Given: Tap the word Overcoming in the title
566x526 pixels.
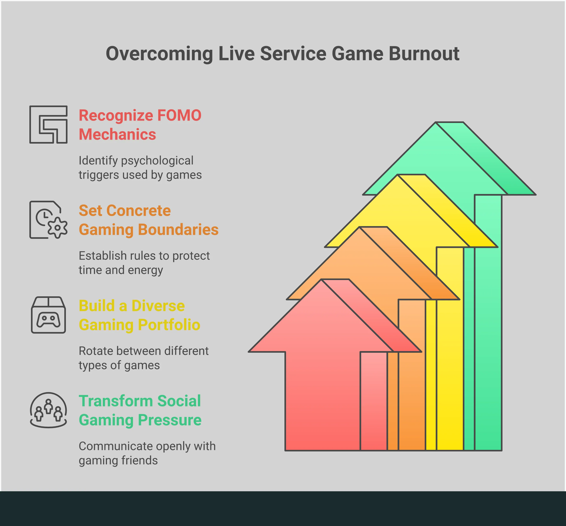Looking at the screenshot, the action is coord(159,54).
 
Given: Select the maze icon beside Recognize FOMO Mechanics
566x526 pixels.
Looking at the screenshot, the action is coord(48,125).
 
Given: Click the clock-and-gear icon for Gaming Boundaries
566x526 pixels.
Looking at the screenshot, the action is coord(48,220).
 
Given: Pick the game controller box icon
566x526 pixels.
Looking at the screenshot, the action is coord(48,315).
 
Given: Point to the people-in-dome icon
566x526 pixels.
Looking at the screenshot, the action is coord(48,410).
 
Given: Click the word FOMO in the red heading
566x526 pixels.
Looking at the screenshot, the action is coord(179,115).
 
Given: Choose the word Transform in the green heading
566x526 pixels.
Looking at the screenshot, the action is coord(116,401).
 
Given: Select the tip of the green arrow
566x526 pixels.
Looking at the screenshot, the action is coord(436,122).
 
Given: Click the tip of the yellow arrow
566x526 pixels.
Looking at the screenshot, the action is coord(398,175).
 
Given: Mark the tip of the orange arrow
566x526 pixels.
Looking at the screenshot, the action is coord(360,227).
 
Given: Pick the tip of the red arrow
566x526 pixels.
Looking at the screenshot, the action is coord(322,279).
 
